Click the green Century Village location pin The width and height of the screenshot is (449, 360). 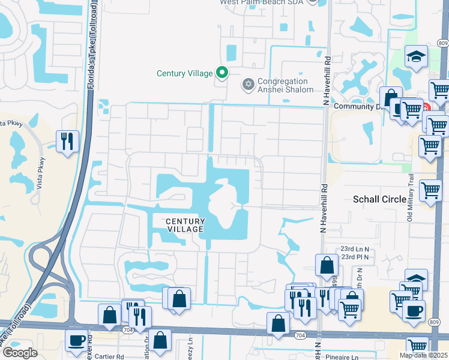coord(222,73)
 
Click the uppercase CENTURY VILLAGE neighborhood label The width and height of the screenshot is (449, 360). coord(185,225)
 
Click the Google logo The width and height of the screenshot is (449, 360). coord(20,353)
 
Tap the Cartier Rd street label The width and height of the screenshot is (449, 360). coord(107,356)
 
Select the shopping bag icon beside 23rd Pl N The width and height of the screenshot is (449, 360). coord(326,264)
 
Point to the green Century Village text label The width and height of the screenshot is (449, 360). coord(184,73)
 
